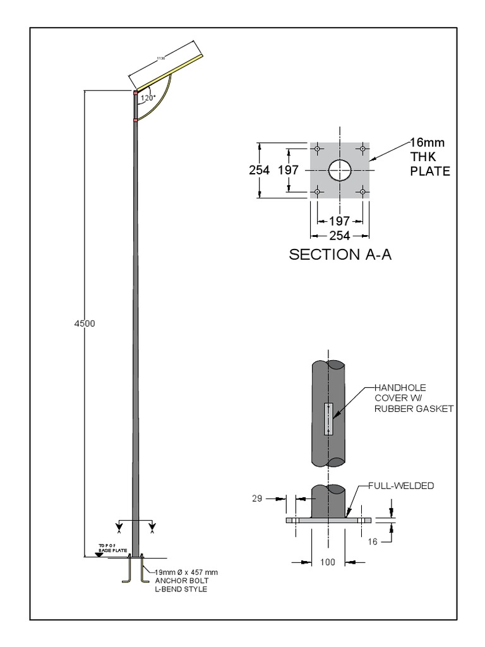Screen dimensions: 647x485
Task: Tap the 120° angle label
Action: (x=148, y=98)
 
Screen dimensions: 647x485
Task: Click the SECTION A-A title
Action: (x=340, y=255)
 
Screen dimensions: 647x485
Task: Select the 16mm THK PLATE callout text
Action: (x=430, y=157)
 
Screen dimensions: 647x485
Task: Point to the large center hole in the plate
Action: (x=340, y=169)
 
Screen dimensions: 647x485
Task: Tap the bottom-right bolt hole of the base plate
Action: (x=362, y=191)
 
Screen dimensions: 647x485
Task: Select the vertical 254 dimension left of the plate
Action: (x=259, y=170)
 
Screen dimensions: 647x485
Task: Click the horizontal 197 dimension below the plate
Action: (x=339, y=221)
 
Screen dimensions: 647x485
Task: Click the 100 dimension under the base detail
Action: (x=327, y=562)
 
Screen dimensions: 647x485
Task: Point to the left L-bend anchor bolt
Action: (x=126, y=572)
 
